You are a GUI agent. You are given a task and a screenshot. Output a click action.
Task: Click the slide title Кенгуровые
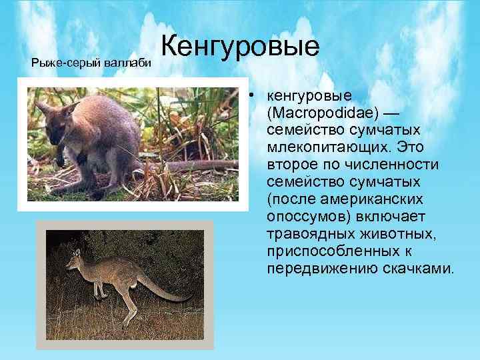(x=240, y=48)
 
